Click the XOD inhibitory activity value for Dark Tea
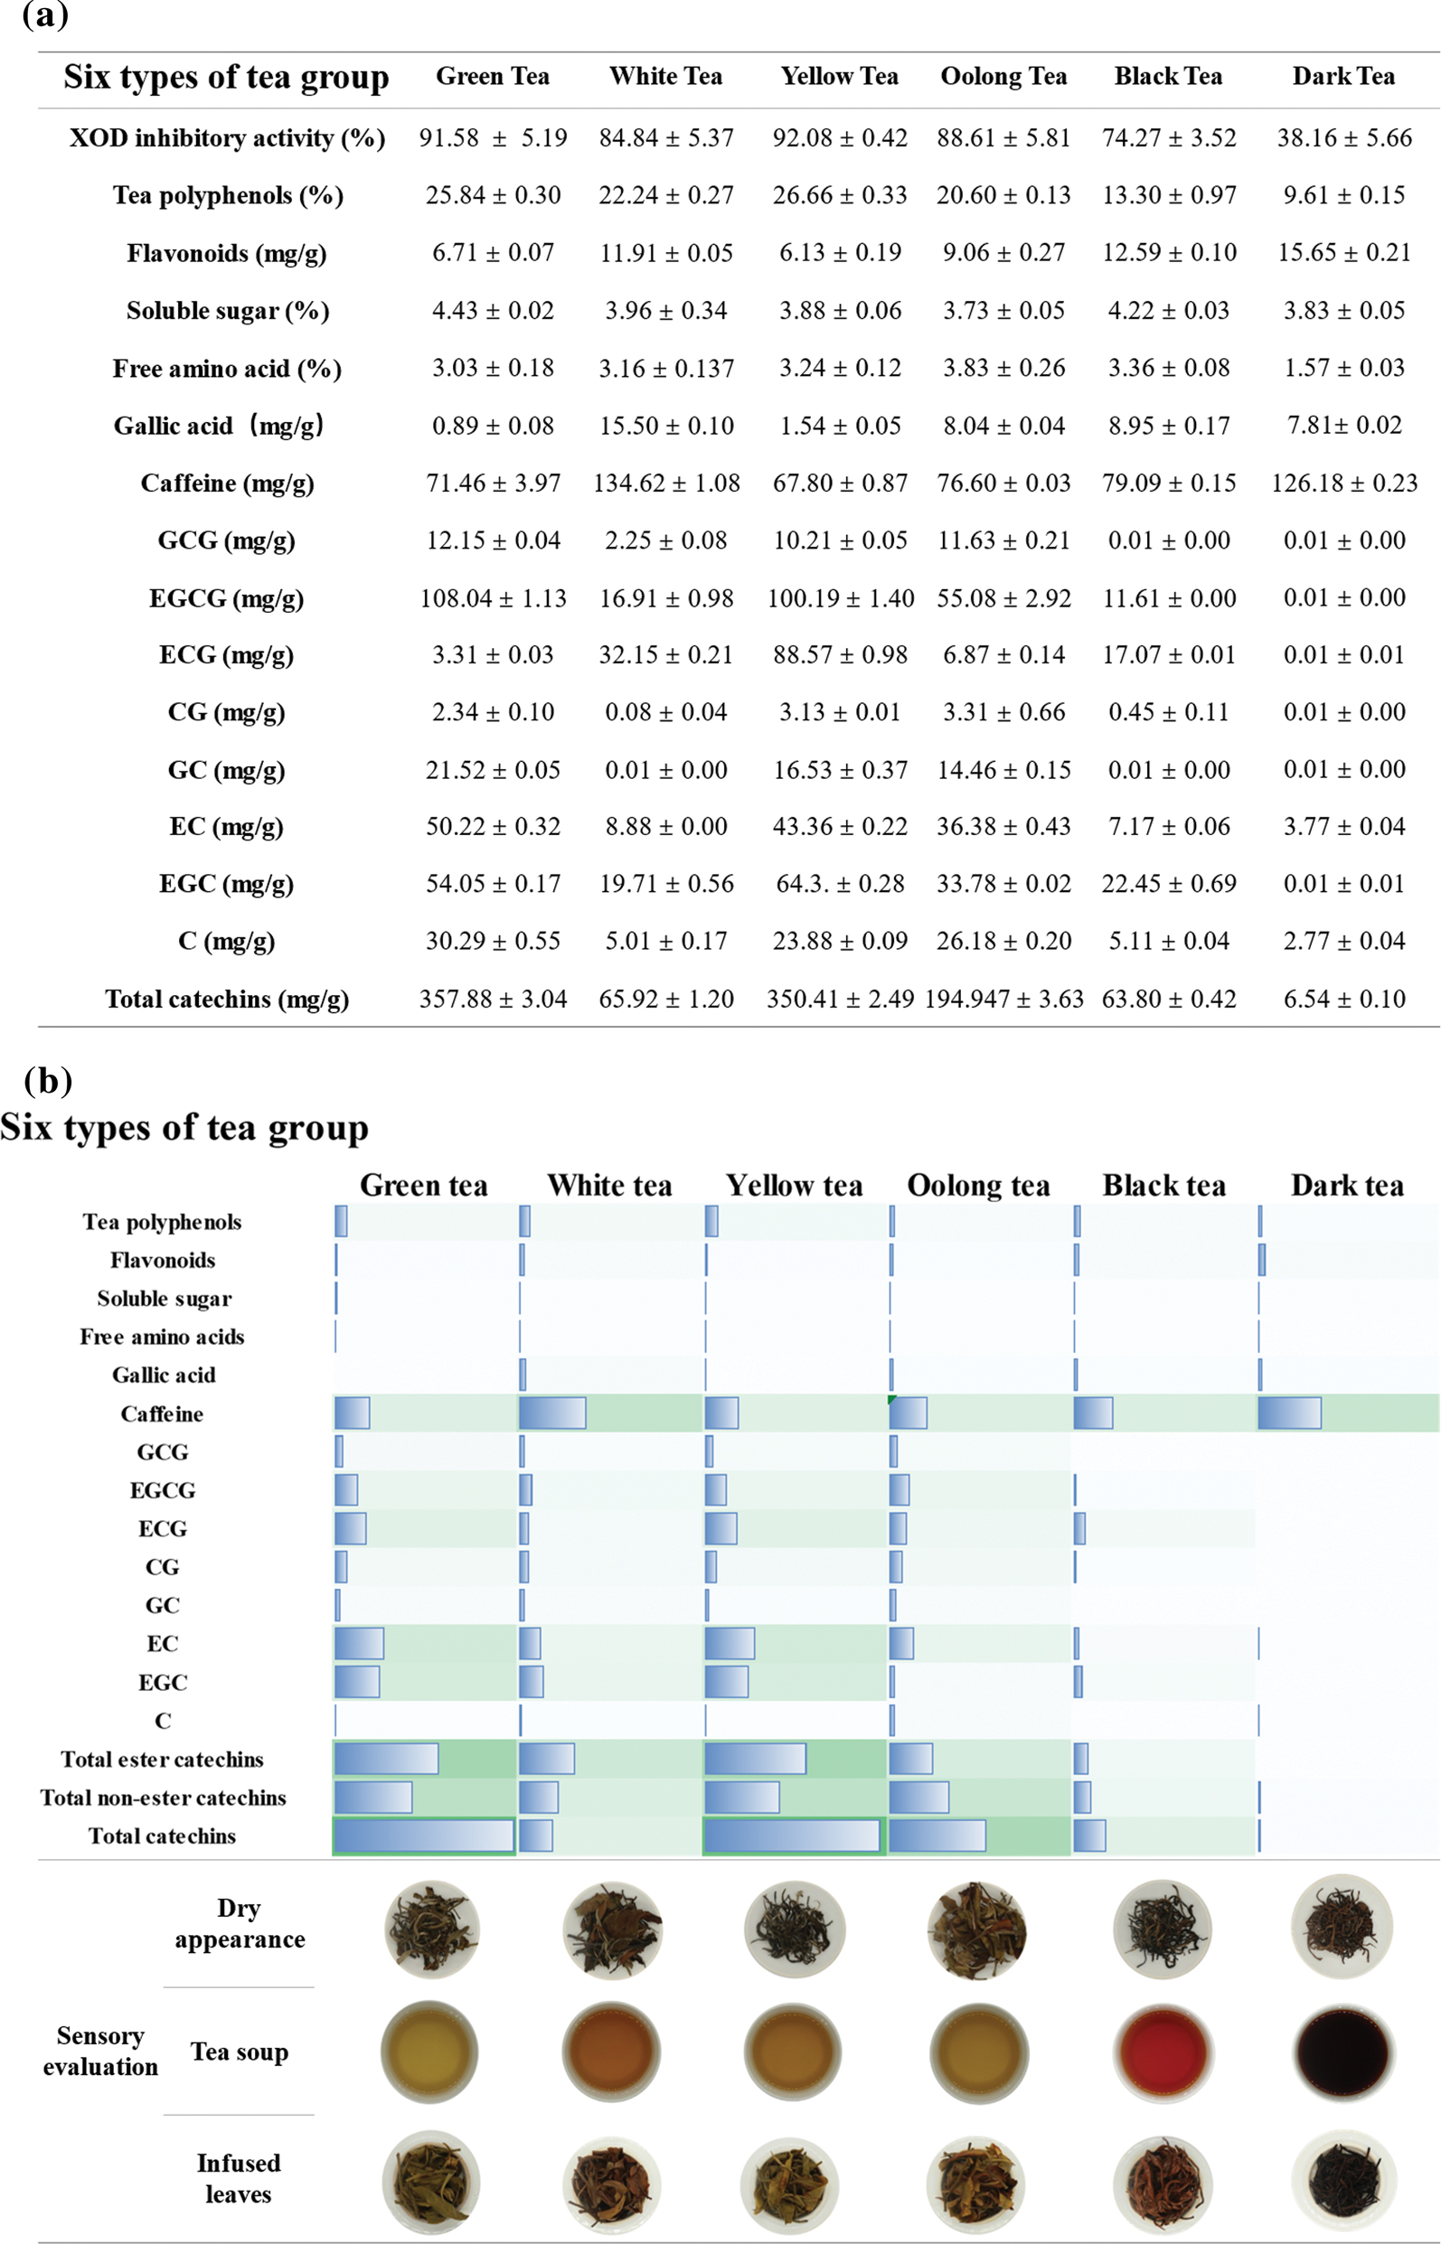point(1343,138)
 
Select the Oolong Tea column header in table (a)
point(1003,77)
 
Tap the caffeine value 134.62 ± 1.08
point(666,484)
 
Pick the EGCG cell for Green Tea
point(493,598)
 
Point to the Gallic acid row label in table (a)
point(219,427)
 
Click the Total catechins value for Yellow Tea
point(840,999)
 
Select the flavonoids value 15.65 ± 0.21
point(1343,252)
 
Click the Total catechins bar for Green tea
point(424,1836)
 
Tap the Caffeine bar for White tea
point(552,1413)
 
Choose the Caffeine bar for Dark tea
point(1289,1413)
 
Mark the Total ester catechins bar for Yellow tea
point(755,1759)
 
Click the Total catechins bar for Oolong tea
point(937,1836)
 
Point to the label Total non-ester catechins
point(163,1798)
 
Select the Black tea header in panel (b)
point(1164,1186)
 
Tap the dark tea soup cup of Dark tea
point(1343,2052)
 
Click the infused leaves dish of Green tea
point(430,2183)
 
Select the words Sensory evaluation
point(100,2052)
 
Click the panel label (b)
point(47,1081)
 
